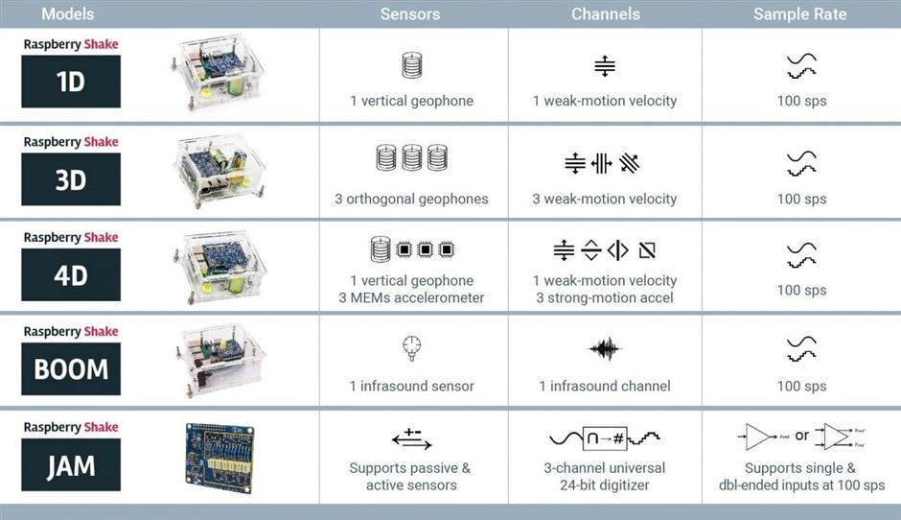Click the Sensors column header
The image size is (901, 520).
409,13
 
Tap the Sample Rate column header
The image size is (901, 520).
799,13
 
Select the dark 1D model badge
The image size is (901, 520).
71,82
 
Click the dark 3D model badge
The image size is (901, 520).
71,178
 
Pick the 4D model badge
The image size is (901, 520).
71,274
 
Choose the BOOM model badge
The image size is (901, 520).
71,368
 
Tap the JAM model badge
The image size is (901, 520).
71,464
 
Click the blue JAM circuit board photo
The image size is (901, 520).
219,458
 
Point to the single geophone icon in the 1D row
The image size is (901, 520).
412,64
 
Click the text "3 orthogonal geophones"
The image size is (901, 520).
411,199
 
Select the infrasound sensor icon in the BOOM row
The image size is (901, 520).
411,348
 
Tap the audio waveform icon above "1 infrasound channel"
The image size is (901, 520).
605,348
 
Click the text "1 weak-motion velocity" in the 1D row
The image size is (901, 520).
605,101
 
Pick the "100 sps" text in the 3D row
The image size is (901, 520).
801,199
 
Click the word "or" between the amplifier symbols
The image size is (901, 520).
802,436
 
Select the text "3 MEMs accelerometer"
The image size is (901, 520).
411,297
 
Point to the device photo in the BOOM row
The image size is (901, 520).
219,361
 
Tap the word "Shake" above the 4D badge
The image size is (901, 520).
102,237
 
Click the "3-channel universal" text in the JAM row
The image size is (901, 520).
605,467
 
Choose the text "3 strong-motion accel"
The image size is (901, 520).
605,297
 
